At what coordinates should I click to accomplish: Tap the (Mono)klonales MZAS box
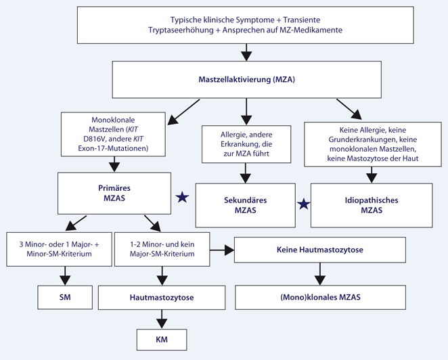(x=319, y=296)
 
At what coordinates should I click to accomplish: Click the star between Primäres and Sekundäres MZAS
(x=182, y=198)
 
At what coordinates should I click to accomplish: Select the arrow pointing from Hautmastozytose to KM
(x=161, y=317)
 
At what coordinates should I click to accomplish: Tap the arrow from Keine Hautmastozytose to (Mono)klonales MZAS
(x=319, y=273)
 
